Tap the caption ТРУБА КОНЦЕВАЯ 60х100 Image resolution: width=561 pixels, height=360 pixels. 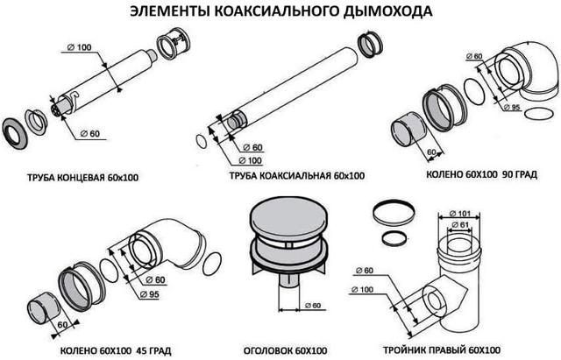click(x=82, y=177)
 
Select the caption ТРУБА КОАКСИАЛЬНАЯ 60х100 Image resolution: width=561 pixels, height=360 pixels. click(x=297, y=175)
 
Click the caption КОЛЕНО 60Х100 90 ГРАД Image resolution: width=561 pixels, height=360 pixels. click(x=481, y=174)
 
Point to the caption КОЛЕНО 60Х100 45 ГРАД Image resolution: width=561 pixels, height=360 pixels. click(x=116, y=350)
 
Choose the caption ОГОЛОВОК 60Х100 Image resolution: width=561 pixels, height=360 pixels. click(x=286, y=350)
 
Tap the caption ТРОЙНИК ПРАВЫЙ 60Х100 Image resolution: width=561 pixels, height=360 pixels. click(x=442, y=350)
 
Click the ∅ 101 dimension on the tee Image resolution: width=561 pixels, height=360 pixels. click(x=459, y=214)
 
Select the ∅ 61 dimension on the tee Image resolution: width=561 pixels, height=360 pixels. click(x=459, y=225)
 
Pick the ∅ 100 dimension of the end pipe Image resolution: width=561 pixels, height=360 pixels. click(x=79, y=47)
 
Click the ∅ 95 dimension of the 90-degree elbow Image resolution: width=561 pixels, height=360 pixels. click(x=511, y=107)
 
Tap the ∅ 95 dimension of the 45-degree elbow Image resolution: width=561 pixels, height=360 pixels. click(x=149, y=294)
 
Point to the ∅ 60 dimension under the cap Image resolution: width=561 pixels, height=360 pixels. click(x=313, y=306)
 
